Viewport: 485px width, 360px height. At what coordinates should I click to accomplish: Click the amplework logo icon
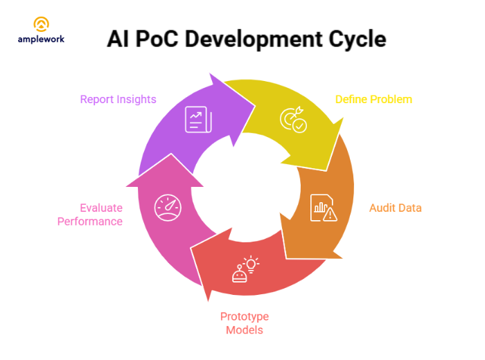[42, 25]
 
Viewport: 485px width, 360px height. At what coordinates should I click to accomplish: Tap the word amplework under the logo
[42, 39]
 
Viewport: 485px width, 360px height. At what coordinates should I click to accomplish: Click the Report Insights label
[118, 99]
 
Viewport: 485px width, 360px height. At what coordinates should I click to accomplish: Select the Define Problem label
[373, 99]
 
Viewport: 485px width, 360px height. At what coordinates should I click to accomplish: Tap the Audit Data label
[395, 208]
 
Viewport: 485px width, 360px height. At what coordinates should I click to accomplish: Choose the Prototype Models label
[245, 323]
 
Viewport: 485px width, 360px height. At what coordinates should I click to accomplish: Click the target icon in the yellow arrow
[292, 120]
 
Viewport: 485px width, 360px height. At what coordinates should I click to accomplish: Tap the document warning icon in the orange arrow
[324, 207]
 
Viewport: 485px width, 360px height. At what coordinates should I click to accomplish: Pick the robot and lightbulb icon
[245, 269]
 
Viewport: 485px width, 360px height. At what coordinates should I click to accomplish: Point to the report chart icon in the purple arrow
[198, 119]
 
